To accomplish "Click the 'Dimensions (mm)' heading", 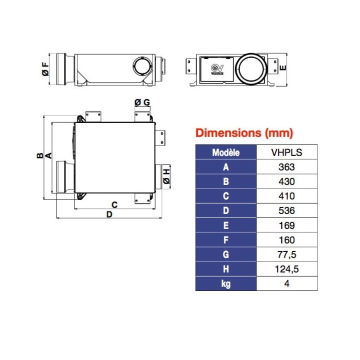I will pyautogui.click(x=244, y=133).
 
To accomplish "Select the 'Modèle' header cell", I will pyautogui.click(x=225, y=152).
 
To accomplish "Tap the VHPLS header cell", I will pyautogui.click(x=286, y=152).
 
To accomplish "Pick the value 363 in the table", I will pyautogui.click(x=286, y=167).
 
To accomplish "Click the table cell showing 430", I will pyautogui.click(x=286, y=181).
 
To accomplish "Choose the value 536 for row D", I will pyautogui.click(x=286, y=210).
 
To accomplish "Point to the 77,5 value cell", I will pyautogui.click(x=286, y=254).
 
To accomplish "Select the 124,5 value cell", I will pyautogui.click(x=286, y=269).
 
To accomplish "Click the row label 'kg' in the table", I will pyautogui.click(x=225, y=283).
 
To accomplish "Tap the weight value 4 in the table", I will pyautogui.click(x=286, y=283).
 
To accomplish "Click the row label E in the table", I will pyautogui.click(x=225, y=225).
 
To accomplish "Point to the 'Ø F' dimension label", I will pyautogui.click(x=45, y=69).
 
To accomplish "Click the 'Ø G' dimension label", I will pyautogui.click(x=142, y=102).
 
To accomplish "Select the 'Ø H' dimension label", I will pyautogui.click(x=166, y=176).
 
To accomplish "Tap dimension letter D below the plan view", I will pyautogui.click(x=109, y=214).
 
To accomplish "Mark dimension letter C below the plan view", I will pyautogui.click(x=114, y=204).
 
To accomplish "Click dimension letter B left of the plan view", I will pyautogui.click(x=39, y=155).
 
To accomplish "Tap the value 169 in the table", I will pyautogui.click(x=286, y=225).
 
